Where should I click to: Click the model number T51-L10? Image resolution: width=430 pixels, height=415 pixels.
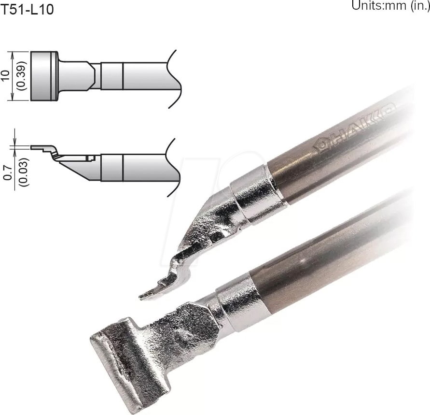click(x=27, y=9)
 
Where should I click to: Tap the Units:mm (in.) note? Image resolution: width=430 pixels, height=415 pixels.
click(x=390, y=6)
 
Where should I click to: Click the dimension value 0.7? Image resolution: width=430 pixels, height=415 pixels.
click(x=6, y=171)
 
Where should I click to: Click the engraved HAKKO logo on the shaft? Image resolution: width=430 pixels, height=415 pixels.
click(x=355, y=128)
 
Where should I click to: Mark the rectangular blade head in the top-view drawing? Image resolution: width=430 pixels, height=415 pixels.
click(x=44, y=76)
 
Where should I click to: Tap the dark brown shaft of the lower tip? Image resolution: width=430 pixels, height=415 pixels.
click(x=328, y=261)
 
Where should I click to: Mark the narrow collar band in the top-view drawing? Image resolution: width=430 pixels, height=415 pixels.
click(x=112, y=76)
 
